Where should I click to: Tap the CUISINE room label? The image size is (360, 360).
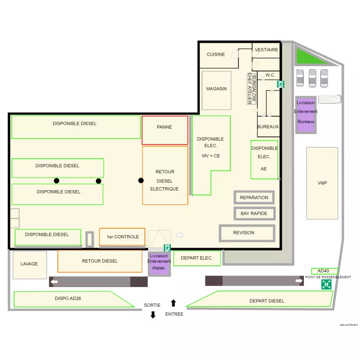tap(216, 55)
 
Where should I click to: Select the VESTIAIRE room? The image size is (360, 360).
tap(266, 50)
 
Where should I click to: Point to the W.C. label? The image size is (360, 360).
tap(270, 75)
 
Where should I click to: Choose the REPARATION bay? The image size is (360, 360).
tap(254, 197)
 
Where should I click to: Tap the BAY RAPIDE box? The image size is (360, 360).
tap(254, 213)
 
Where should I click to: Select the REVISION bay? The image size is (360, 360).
tap(247, 233)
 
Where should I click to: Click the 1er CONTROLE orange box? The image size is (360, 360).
tap(122, 237)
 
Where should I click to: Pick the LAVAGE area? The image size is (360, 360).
tap(29, 264)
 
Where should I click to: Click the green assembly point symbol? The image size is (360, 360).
tap(326, 284)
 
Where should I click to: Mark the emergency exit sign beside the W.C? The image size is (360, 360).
tap(280, 84)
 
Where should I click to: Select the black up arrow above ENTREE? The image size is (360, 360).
tap(173, 303)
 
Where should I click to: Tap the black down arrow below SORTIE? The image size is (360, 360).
tap(153, 315)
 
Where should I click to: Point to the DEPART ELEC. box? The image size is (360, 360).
tap(197, 258)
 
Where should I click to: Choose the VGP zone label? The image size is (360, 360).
tap(322, 183)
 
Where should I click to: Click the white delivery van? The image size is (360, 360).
tap(329, 98)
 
